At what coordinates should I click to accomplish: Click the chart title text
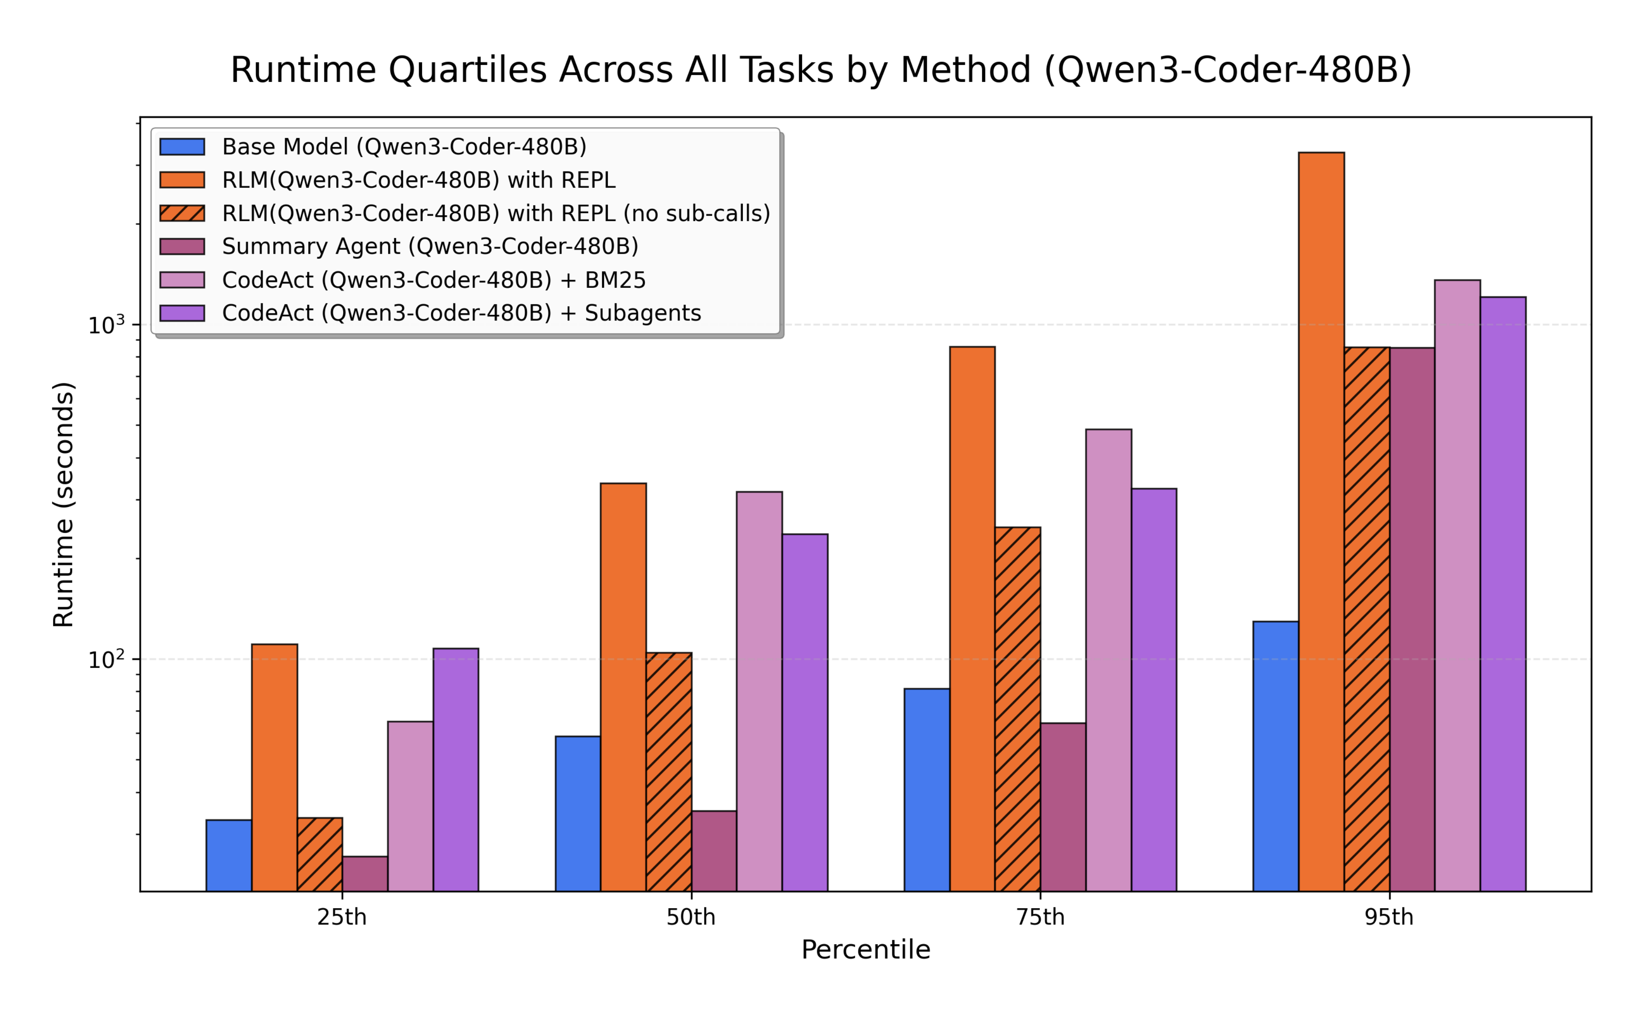click(x=821, y=70)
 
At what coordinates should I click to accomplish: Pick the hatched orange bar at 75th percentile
click(x=1017, y=709)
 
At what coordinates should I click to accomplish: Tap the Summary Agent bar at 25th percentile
click(x=365, y=874)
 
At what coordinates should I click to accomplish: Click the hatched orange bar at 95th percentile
click(x=1367, y=619)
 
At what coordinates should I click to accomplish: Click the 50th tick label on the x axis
click(x=691, y=917)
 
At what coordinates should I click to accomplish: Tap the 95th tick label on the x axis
click(x=1389, y=917)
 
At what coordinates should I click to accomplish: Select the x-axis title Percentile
click(x=865, y=949)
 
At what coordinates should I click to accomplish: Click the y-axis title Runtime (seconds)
click(x=64, y=504)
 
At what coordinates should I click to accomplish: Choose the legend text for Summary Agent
click(x=430, y=247)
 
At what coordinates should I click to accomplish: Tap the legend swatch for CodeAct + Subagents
click(x=182, y=313)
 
